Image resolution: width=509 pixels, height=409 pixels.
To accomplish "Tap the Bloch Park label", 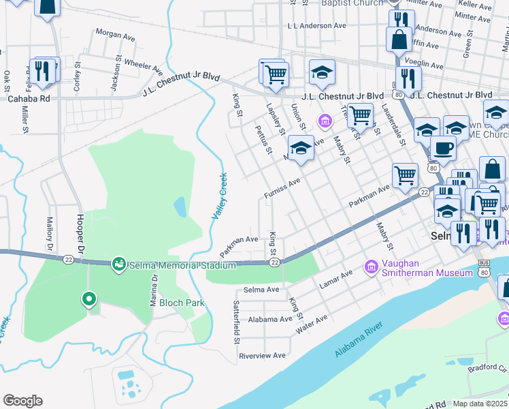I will (x=179, y=303).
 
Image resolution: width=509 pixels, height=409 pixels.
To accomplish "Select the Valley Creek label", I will (x=219, y=196).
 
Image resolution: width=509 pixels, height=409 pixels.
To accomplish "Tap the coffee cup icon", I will (x=443, y=148).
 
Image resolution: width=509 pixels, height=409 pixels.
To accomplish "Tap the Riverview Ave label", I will (x=262, y=356).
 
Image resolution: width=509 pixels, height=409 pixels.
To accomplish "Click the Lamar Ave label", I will (x=338, y=274).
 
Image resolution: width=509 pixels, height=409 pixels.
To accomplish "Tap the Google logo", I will (x=22, y=401).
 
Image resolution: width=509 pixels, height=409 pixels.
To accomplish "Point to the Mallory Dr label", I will (x=49, y=231).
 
